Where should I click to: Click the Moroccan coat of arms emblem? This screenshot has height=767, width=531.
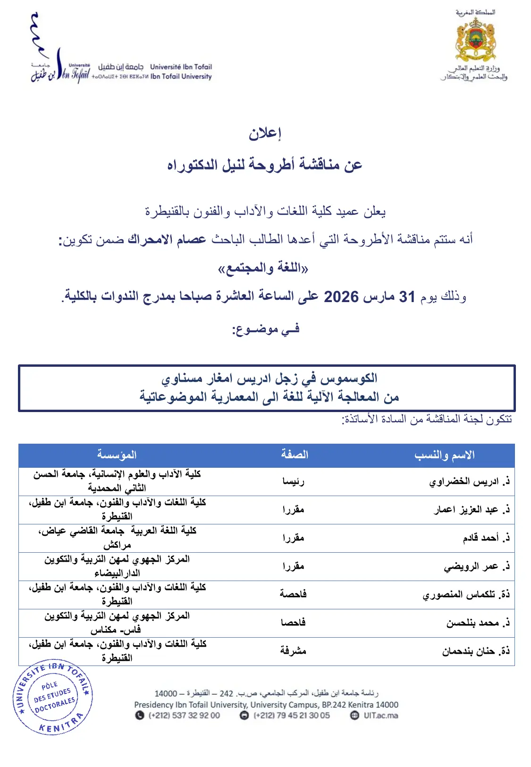pos(475,40)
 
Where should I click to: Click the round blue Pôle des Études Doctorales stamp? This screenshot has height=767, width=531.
pos(53,697)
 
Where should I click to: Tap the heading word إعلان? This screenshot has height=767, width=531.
pos(265,134)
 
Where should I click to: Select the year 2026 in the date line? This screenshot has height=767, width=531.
pos(341,297)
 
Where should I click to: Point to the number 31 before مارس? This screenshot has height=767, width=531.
pos(407,297)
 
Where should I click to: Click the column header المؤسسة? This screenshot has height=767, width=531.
pos(117,455)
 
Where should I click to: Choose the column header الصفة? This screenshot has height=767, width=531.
pos(295,455)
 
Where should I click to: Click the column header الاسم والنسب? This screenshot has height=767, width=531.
pos(444,455)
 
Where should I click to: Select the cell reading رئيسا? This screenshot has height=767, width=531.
pos(293,481)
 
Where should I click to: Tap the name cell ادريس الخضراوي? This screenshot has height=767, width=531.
pos(469,481)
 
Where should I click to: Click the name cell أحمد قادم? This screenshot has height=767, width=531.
pos(486,538)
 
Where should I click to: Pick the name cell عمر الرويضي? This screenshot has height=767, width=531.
pos(477,566)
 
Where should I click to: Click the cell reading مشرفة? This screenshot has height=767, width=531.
pos(293,651)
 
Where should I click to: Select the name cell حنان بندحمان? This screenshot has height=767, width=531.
pos(476,651)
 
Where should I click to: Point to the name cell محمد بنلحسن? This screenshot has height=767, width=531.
pos(478,623)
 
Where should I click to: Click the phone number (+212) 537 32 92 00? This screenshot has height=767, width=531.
pos(184,715)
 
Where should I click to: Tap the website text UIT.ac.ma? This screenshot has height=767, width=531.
pos(380,715)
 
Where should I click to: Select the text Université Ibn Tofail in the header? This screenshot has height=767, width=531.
pos(181,67)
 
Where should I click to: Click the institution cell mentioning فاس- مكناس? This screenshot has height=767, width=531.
pos(117,623)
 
